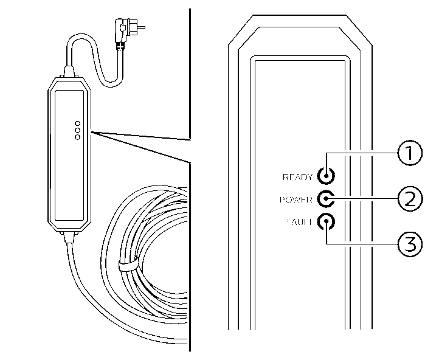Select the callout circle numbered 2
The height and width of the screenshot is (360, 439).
[x=409, y=198]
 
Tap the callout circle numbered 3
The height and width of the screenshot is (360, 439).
[x=409, y=244]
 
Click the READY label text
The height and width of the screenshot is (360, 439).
[x=298, y=178]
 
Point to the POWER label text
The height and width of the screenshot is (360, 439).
[x=298, y=199]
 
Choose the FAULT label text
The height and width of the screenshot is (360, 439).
[x=299, y=222]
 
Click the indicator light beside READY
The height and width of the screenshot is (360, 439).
[x=327, y=177]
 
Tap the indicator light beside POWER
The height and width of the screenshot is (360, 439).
[x=327, y=199]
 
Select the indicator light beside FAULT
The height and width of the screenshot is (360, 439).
[x=327, y=221]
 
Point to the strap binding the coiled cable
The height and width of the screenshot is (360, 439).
[x=126, y=266]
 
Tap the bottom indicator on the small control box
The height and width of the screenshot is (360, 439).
[x=77, y=137]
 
